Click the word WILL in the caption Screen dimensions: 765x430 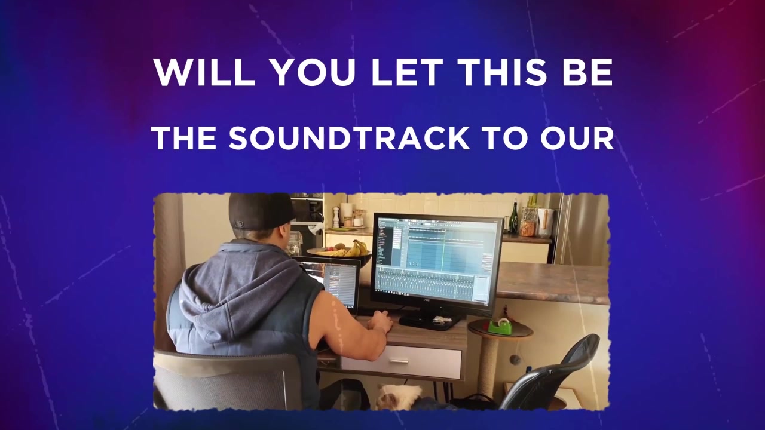(204, 73)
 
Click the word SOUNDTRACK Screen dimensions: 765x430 (349, 139)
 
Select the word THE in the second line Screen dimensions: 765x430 (185, 139)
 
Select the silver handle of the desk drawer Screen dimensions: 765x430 (399, 361)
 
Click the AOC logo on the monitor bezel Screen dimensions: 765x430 (427, 300)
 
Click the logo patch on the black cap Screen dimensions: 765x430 (240, 224)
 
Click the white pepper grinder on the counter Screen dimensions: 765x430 (336, 217)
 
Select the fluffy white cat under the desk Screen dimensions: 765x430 (399, 397)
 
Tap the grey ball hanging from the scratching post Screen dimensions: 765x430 (514, 359)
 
